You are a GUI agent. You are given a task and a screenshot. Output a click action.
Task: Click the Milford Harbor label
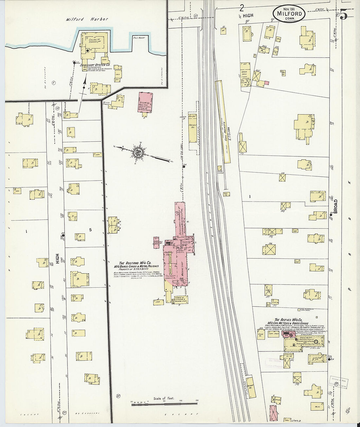87,19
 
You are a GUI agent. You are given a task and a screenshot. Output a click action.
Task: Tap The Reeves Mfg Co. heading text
288,320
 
